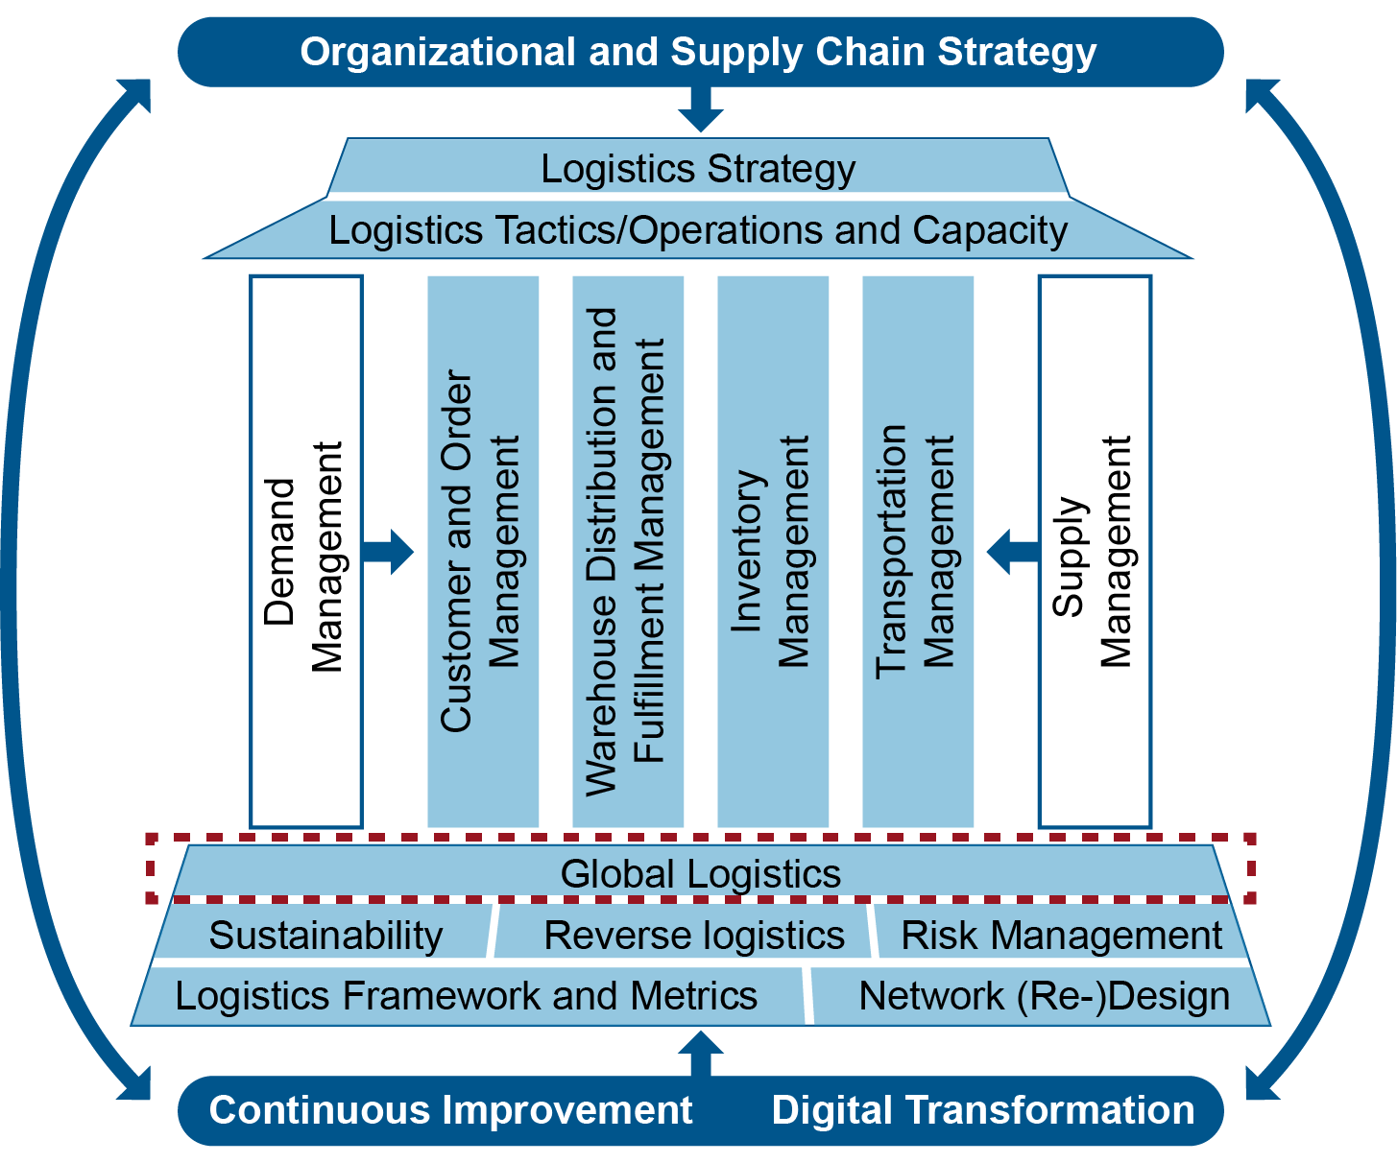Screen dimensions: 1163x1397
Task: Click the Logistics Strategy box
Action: pos(698,168)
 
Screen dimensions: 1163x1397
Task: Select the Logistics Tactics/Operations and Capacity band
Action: pos(698,230)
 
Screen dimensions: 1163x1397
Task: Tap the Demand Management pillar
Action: pos(305,552)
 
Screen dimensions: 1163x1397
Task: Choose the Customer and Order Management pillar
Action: pos(482,552)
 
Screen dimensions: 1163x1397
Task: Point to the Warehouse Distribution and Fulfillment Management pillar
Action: pos(627,552)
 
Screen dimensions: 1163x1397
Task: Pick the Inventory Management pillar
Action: pos(772,552)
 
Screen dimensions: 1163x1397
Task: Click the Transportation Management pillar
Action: pos(917,552)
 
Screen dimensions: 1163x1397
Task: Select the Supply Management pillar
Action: pos(1095,552)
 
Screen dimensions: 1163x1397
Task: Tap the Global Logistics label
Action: pos(700,874)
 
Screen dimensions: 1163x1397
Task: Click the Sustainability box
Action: pos(325,935)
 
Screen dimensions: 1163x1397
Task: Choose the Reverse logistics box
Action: pos(693,935)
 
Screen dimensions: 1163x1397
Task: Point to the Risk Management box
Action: pos(1061,935)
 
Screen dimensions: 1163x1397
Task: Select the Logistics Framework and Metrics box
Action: pos(467,996)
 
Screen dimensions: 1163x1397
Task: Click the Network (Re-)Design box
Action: pos(1044,996)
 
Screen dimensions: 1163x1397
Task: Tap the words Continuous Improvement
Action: pos(450,1110)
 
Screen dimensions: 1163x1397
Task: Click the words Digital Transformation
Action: pos(983,1110)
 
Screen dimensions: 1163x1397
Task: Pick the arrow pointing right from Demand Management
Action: pos(389,552)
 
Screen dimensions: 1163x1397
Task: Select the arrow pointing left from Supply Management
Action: pos(1012,552)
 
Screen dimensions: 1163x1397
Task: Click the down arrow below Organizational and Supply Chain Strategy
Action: pos(700,107)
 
